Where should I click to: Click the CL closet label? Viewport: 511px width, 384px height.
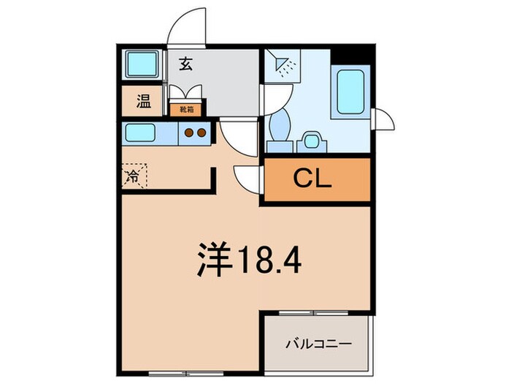(x=313, y=178)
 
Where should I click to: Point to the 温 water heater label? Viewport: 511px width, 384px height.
(x=143, y=102)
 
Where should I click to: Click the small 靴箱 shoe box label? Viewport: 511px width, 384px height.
(x=186, y=110)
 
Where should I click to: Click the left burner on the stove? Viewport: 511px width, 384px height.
(x=189, y=133)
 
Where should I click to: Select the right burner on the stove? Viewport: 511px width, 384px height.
(x=201, y=133)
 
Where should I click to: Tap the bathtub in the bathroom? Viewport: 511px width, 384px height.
(x=351, y=91)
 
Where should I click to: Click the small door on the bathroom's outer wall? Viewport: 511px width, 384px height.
(x=383, y=120)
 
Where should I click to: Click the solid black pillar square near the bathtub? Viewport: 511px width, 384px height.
(x=355, y=54)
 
